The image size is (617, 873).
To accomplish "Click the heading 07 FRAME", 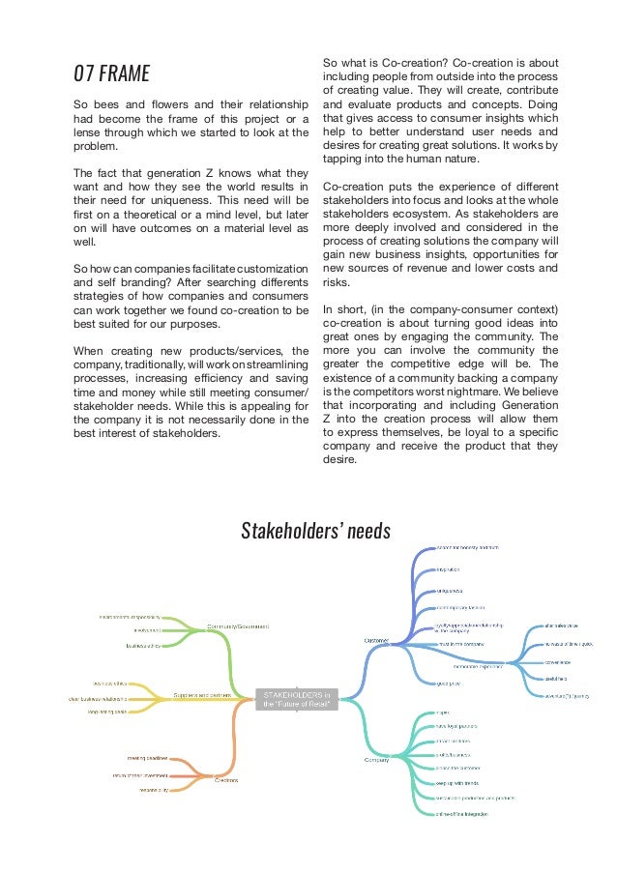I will point(111,73).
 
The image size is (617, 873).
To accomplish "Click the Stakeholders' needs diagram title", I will point(315,531).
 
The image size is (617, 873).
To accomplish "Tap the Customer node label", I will point(376,639).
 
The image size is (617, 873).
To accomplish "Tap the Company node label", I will point(376,760).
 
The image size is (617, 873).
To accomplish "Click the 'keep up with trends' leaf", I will point(457,782).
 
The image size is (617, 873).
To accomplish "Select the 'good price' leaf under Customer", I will point(448,683).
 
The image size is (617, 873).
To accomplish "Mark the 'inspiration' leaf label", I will point(452,569).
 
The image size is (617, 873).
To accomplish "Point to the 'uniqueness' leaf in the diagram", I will point(451,589).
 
